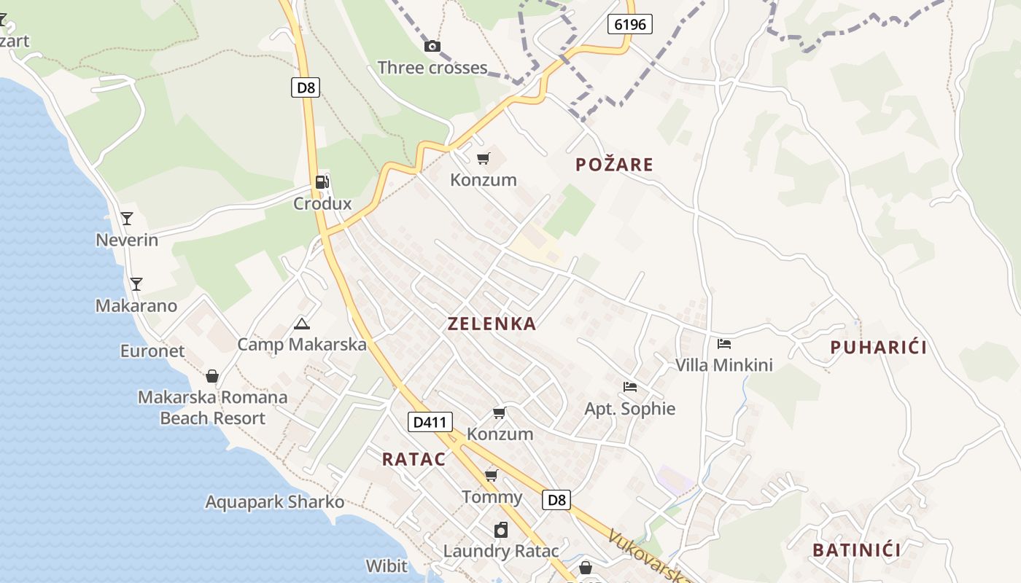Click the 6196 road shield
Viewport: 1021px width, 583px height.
coord(629,24)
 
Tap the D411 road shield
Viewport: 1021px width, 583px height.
coord(430,421)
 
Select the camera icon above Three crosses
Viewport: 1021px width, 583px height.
coord(432,47)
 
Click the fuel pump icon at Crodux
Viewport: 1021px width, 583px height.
coord(322,182)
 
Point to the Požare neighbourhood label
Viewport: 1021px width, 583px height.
coord(614,165)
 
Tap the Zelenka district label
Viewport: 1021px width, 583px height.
coord(492,324)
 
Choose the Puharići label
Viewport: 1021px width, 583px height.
coord(879,348)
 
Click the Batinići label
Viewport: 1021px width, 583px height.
coord(856,549)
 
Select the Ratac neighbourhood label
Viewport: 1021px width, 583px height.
coord(414,459)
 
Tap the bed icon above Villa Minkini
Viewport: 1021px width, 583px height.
coord(723,344)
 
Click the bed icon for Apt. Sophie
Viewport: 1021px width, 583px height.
coord(630,387)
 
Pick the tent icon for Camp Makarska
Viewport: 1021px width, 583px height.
coord(301,324)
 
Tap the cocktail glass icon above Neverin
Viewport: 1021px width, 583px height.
coord(127,218)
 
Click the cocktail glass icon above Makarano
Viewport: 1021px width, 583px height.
coord(136,284)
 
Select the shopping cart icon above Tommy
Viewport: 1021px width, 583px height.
coord(492,476)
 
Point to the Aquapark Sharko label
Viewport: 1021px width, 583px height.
coord(274,502)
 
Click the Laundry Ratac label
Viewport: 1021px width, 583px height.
coord(501,551)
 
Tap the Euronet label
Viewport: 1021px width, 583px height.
coord(152,351)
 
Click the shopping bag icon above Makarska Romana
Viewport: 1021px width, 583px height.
coord(212,376)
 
